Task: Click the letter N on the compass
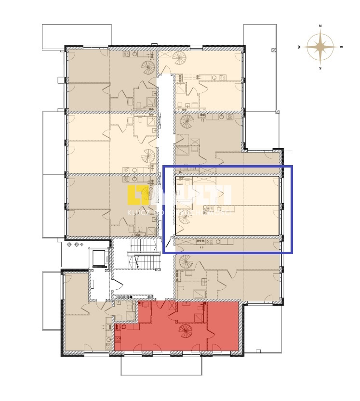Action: click(320, 25)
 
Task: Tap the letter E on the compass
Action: click(341, 47)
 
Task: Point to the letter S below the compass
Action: click(320, 68)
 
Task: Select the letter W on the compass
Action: click(299, 47)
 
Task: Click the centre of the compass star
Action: click(320, 47)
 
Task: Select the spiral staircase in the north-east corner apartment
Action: click(179, 59)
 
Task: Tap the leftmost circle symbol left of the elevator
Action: click(69, 245)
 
